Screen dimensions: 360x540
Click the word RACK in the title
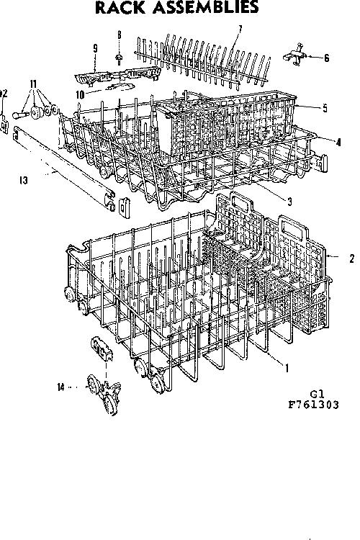coord(120,7)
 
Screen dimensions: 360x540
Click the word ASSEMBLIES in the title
coord(205,7)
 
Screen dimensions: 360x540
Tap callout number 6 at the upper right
coord(326,58)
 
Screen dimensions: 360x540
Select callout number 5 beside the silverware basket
coord(325,108)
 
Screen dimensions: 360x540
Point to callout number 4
coord(338,142)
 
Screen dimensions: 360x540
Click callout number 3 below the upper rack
coord(289,202)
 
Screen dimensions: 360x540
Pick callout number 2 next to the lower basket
coord(351,258)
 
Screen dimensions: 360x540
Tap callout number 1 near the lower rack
coord(287,368)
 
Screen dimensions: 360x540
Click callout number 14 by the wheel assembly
coord(60,387)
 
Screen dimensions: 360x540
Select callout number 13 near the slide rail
coord(24,180)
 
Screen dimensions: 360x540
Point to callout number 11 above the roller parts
coord(33,84)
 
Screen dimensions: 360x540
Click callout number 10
coord(80,95)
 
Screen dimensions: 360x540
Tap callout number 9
coord(95,48)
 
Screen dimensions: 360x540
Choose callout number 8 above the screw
coord(120,35)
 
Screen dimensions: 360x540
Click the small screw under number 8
coord(120,59)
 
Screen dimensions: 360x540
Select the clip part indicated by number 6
coord(295,55)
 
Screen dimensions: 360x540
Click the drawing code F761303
coord(313,405)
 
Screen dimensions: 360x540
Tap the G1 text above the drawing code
coord(317,394)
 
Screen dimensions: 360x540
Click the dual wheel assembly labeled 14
coord(104,393)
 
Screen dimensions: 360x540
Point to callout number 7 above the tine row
coord(240,30)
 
